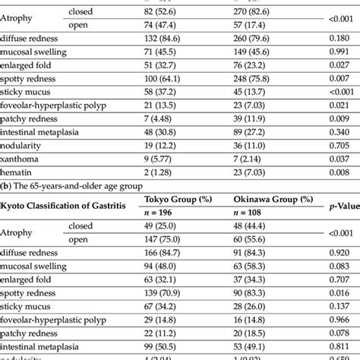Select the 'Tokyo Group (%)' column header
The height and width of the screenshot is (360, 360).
(x=178, y=200)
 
